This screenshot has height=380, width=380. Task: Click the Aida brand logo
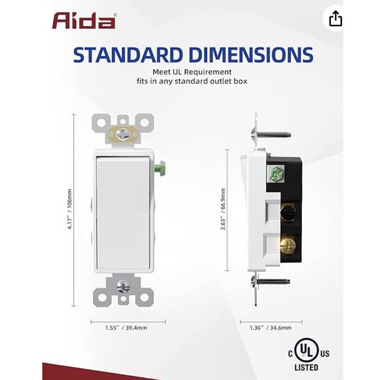(x=84, y=21)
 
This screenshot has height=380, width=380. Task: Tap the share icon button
(x=335, y=18)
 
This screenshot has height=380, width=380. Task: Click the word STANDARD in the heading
(x=128, y=55)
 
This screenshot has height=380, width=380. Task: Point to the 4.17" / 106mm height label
(x=70, y=210)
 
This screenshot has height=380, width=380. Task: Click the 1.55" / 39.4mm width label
(x=126, y=328)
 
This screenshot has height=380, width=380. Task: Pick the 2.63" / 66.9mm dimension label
(x=223, y=209)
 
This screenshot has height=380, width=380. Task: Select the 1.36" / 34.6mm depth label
(x=271, y=328)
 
